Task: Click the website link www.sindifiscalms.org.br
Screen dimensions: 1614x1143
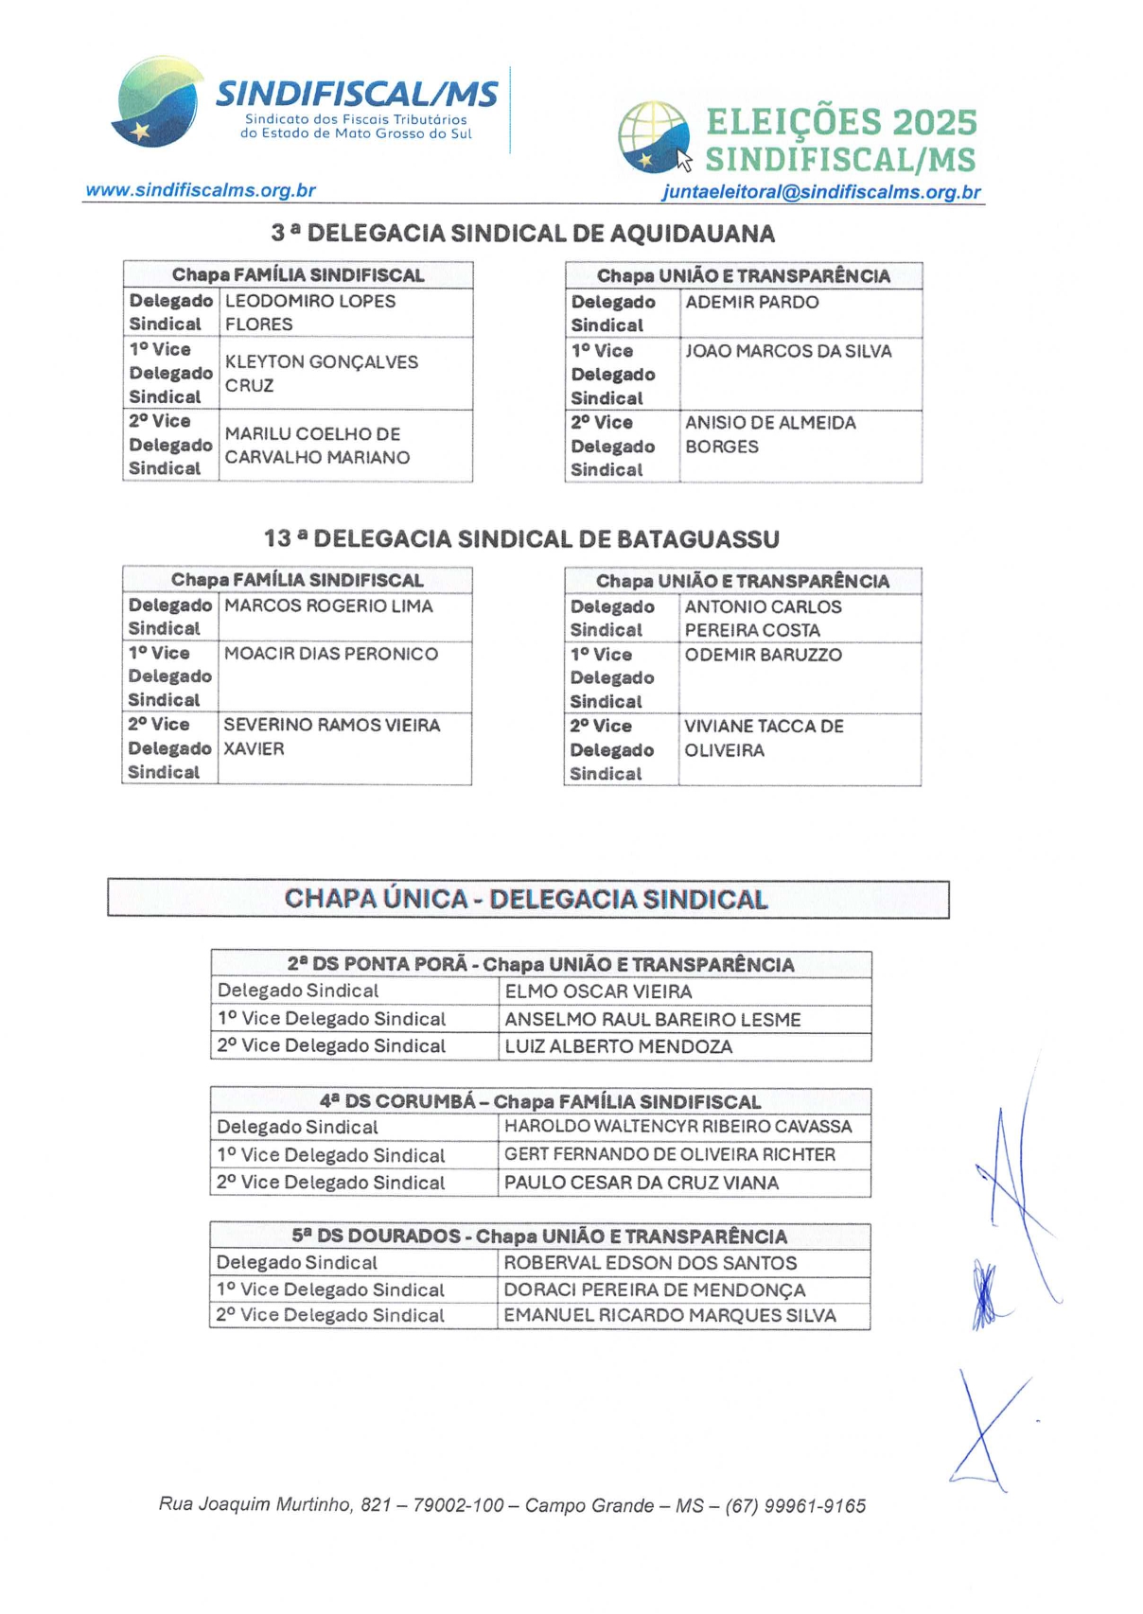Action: [x=201, y=190]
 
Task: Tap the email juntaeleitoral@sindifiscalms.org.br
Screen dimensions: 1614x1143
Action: [x=821, y=192]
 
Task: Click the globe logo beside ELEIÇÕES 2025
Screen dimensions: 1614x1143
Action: [x=654, y=138]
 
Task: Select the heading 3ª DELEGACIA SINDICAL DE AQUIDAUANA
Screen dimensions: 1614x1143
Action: [x=522, y=233]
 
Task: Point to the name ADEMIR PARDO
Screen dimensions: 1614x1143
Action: [x=752, y=303]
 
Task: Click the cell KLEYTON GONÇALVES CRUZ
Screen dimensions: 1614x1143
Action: [x=322, y=374]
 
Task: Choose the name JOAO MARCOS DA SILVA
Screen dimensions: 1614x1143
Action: [x=788, y=351]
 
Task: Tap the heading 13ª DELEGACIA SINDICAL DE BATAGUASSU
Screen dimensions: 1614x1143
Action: [x=521, y=538]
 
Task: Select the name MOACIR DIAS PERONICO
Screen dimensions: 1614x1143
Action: [x=331, y=654]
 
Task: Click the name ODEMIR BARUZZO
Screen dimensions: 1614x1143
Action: [x=763, y=655]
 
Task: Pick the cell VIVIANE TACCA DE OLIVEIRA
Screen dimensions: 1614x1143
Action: [x=764, y=738]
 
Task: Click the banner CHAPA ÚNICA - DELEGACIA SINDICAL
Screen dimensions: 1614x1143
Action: [x=527, y=899]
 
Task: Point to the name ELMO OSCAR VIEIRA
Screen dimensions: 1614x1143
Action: [x=598, y=991]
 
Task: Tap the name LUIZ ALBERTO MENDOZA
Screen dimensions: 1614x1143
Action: [x=618, y=1046]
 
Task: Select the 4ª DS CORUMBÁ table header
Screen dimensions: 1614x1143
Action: [x=539, y=1101]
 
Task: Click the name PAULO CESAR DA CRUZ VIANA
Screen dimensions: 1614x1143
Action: [x=641, y=1183]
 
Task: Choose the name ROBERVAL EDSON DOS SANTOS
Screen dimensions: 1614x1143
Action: [x=650, y=1263]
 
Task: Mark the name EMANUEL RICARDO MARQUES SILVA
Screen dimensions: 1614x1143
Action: [x=669, y=1315]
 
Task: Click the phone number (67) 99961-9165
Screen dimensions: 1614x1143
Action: [x=795, y=1505]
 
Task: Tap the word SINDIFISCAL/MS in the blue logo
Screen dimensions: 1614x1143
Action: [x=357, y=95]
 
